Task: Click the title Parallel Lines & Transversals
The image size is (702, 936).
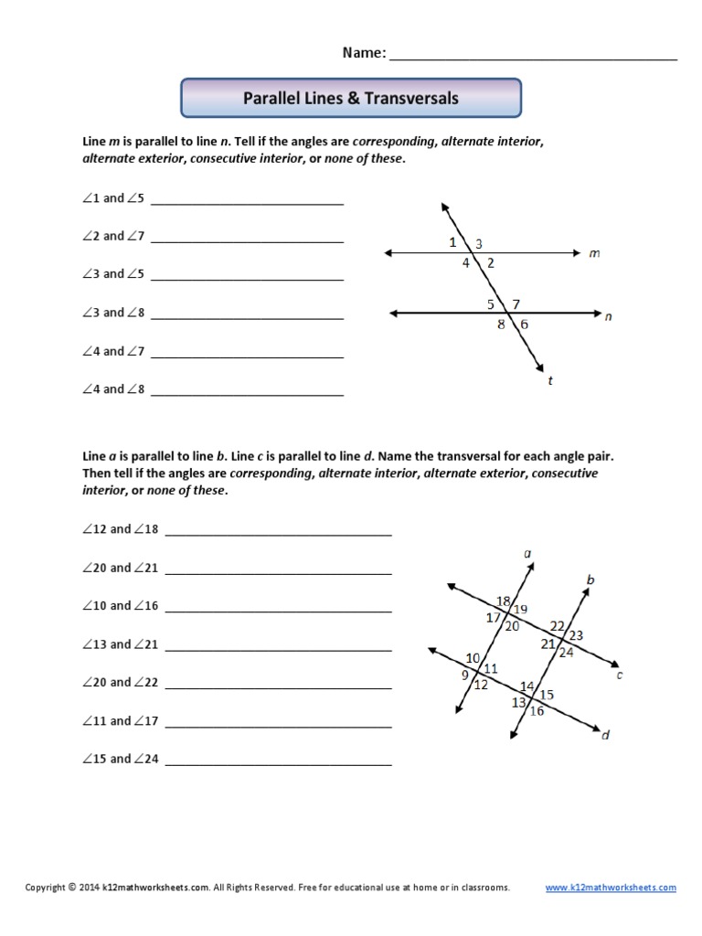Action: [351, 98]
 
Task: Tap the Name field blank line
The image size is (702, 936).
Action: [533, 57]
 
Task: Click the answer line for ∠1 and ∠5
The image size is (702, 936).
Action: [247, 201]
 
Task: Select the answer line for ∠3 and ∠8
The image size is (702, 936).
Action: [247, 316]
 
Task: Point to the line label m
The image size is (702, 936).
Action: [594, 254]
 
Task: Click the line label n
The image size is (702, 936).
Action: [609, 317]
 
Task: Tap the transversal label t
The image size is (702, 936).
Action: [550, 381]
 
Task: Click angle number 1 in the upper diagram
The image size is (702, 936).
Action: [452, 242]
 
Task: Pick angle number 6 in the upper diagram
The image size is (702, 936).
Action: [525, 324]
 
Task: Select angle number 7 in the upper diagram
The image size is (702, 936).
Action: [516, 303]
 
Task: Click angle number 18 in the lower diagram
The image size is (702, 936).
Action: [503, 601]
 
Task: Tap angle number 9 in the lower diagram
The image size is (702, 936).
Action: [464, 675]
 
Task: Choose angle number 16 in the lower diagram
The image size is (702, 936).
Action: [537, 711]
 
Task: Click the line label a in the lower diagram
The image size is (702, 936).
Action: [528, 553]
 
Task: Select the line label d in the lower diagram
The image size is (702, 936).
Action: [605, 734]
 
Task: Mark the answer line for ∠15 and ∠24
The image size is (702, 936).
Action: [278, 762]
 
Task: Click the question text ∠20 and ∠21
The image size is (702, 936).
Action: [120, 568]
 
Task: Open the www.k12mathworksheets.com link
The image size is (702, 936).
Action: [611, 888]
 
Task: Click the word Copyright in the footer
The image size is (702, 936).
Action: [45, 888]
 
